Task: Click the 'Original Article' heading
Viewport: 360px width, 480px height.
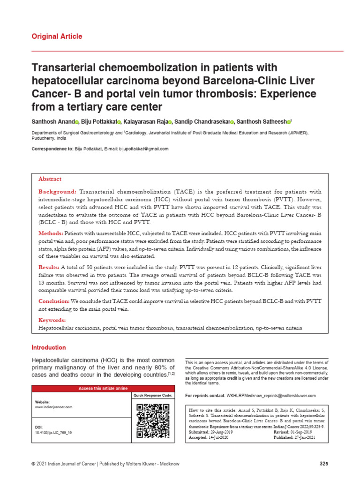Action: pyautogui.click(x=57, y=37)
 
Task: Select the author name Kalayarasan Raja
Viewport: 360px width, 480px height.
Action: pyautogui.click(x=146, y=122)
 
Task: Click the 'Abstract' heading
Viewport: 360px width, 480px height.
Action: pyautogui.click(x=50, y=179)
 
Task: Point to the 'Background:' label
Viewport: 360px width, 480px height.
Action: pyautogui.click(x=57, y=192)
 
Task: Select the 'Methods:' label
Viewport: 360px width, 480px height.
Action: pyautogui.click(x=50, y=233)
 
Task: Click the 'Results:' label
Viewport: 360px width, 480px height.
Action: pyautogui.click(x=49, y=267)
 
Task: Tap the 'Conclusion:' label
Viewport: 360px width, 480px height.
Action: pyautogui.click(x=54, y=301)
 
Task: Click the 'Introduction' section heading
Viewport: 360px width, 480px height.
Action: pyautogui.click(x=49, y=347)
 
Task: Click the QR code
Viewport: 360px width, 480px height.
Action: pyautogui.click(x=152, y=421)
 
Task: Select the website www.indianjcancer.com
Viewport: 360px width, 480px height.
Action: pyautogui.click(x=54, y=407)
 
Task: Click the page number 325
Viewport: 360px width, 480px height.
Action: pyautogui.click(x=324, y=464)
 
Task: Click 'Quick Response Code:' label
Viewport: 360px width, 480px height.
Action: pyautogui.click(x=152, y=396)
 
